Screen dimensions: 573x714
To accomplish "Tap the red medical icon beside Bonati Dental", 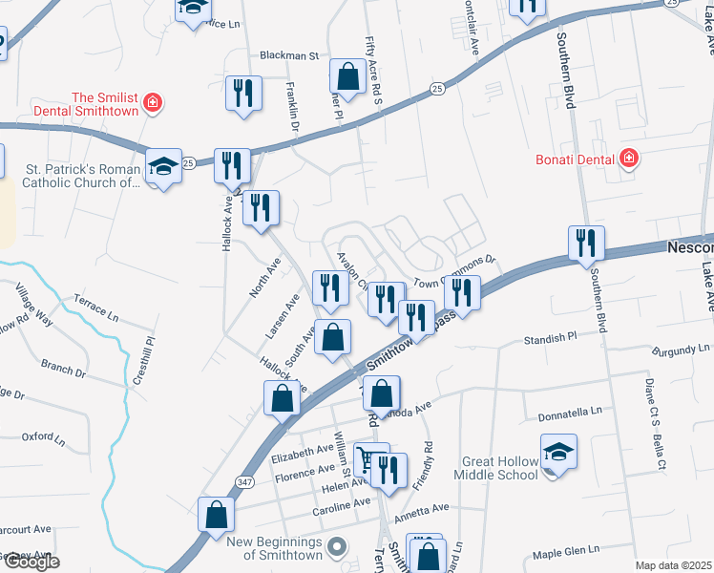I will tap(628, 158).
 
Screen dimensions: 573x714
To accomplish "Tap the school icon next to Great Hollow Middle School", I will tap(558, 452).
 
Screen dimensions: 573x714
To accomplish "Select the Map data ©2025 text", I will tap(673, 565).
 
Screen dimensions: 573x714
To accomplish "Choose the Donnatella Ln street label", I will tap(570, 411).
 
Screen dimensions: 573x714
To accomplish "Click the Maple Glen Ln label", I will tap(566, 551).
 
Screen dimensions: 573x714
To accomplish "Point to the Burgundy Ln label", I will tap(682, 351).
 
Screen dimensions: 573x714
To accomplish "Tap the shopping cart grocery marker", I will tap(369, 460).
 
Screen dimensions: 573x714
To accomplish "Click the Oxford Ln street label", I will tap(43, 438).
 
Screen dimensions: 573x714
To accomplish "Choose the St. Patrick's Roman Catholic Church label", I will tap(81, 177).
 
